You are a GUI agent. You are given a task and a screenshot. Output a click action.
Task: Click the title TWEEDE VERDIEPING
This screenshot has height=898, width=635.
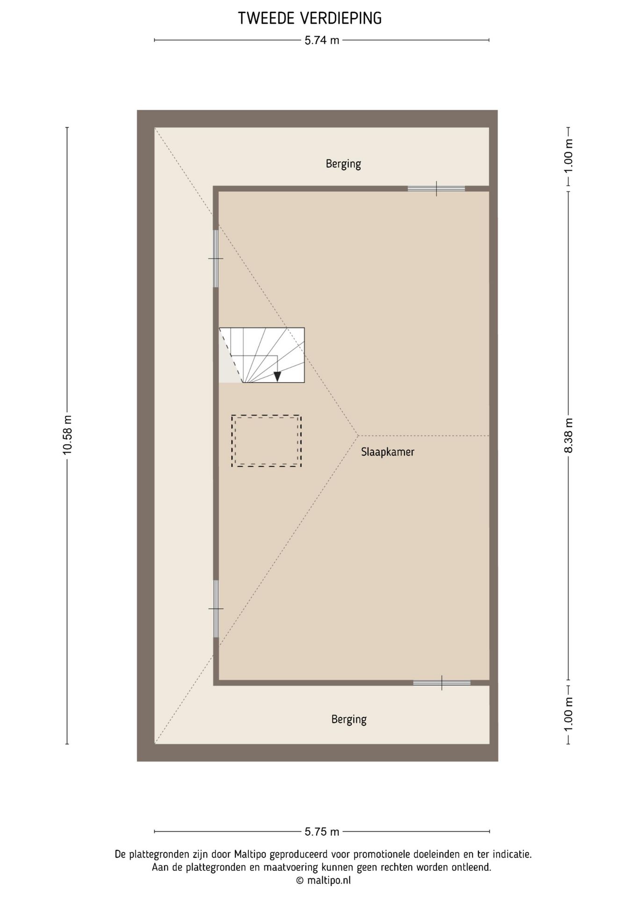click(310, 18)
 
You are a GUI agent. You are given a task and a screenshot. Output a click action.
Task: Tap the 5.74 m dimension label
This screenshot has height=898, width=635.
click(322, 40)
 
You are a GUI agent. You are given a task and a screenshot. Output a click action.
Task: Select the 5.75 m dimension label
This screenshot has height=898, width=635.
click(322, 832)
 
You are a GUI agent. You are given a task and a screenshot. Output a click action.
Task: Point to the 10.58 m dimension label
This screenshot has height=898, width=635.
click(67, 435)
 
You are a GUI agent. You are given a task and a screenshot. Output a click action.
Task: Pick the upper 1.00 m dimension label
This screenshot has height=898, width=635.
click(568, 156)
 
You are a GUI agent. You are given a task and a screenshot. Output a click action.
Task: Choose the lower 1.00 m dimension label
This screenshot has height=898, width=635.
click(568, 714)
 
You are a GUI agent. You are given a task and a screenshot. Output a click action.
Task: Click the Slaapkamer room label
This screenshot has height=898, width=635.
click(388, 452)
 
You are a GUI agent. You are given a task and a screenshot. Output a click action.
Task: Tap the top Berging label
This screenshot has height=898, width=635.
click(343, 164)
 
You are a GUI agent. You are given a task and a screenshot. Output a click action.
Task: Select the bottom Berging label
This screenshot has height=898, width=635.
click(349, 719)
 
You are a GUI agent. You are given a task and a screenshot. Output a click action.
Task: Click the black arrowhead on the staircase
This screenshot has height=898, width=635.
click(277, 376)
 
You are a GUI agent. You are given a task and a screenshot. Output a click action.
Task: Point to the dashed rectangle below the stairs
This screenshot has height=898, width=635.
click(266, 441)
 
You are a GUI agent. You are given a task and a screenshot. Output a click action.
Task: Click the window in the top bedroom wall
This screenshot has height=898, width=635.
click(436, 188)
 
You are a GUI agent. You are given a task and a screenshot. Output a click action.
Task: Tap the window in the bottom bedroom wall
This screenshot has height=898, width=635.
click(441, 683)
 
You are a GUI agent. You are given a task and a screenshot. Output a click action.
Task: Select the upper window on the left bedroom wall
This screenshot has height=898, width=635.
click(216, 259)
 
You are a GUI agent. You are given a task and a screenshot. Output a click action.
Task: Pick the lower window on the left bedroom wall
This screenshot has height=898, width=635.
click(216, 608)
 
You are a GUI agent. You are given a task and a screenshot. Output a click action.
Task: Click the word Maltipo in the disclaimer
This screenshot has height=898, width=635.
click(250, 854)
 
